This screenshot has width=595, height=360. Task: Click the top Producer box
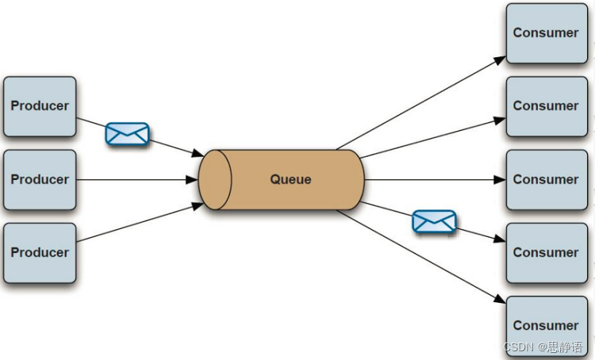coord(40,106)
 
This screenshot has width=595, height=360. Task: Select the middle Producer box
coord(40,179)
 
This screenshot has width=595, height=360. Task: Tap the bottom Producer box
coord(40,252)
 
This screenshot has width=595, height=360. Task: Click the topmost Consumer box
coord(546,33)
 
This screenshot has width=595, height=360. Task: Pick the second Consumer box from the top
coord(546,106)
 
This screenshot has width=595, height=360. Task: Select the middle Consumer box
coord(546,179)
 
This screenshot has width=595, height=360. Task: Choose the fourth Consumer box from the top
coord(546,252)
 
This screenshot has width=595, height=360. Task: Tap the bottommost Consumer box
coord(546,325)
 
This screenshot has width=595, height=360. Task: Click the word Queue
coord(290,179)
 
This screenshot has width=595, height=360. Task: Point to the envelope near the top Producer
coord(127,134)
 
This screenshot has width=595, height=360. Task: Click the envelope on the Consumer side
coord(434,221)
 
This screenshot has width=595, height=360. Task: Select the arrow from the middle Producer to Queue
coord(135,180)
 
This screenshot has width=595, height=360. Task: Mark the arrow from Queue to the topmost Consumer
coord(420,103)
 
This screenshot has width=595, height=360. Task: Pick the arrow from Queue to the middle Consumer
coord(432,180)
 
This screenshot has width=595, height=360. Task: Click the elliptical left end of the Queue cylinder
coord(215,179)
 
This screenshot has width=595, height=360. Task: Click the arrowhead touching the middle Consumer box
coord(500,180)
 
